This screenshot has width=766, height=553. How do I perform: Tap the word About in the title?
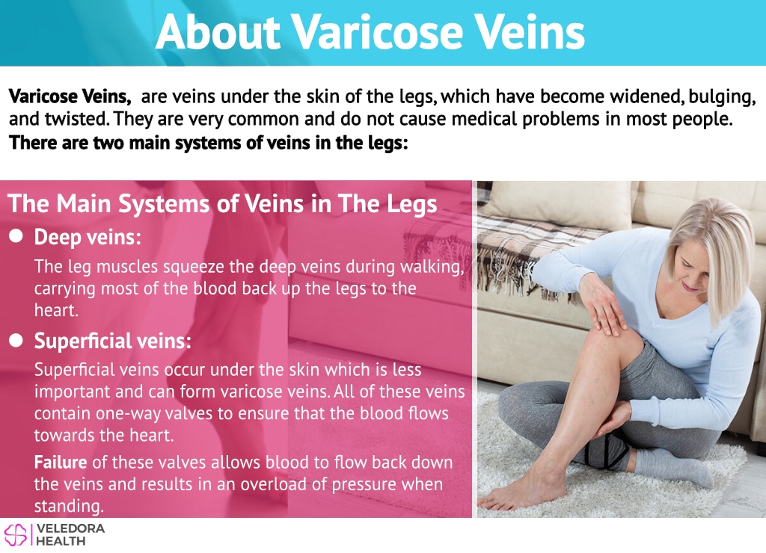pos(218,31)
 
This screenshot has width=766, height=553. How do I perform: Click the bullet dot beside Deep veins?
pos(16,236)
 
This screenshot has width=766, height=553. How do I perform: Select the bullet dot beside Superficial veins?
pos(16,340)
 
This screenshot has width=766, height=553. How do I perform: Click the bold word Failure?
pos(61,462)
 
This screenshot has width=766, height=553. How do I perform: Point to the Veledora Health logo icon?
pos(16,534)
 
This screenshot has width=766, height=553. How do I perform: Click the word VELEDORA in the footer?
pos(70,528)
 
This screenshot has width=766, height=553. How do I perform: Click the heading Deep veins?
pos(88,237)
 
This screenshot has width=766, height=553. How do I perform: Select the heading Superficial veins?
pos(113,341)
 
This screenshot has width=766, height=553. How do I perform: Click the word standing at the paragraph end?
pos(69,506)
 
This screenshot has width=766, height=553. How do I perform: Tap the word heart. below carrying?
pos(56,310)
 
